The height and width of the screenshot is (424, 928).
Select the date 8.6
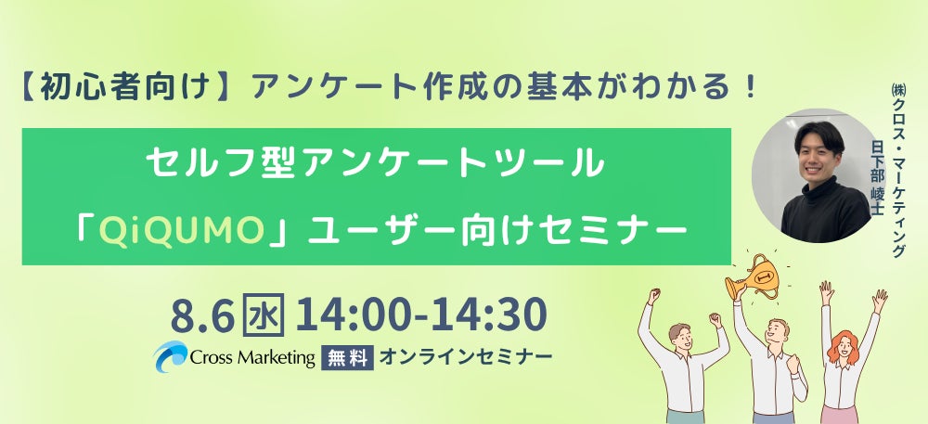click(x=202, y=315)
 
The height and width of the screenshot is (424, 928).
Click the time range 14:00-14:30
click(x=419, y=315)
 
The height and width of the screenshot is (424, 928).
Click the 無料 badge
click(x=347, y=357)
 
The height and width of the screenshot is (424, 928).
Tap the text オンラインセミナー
click(x=467, y=356)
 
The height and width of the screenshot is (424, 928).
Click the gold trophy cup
click(x=753, y=276)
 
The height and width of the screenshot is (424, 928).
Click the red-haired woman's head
click(x=844, y=345)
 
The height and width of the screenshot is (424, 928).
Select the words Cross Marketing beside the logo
click(x=252, y=357)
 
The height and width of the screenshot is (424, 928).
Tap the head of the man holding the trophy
click(x=777, y=332)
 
